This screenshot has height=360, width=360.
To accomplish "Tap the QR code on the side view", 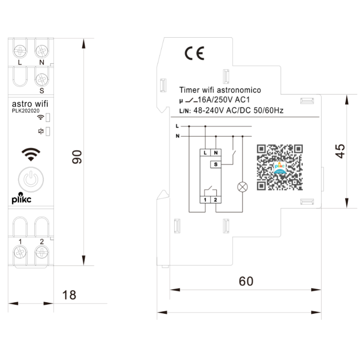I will tap(280, 167).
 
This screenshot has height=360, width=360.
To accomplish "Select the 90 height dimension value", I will tap(77, 157).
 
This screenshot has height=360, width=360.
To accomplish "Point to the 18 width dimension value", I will tap(69, 295).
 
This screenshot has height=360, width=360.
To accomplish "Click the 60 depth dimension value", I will tap(246, 281).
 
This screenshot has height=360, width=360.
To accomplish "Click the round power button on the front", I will tap(31, 179).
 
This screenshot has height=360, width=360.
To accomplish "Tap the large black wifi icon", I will tap(31, 154).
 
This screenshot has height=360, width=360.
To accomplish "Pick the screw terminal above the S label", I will tap(41, 78).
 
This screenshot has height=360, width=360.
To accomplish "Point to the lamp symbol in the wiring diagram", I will tap(243, 188).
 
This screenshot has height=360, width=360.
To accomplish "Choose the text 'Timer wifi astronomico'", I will tap(220, 90).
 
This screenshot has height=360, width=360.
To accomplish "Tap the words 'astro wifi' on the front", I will tap(30, 104).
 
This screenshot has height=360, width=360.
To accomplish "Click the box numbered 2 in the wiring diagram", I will tap(215, 200).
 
